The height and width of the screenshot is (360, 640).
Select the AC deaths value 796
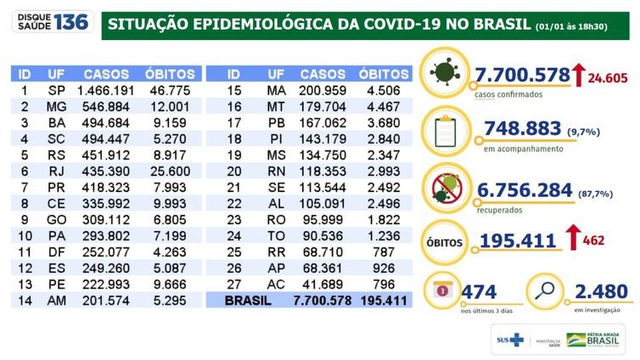[x=384, y=284]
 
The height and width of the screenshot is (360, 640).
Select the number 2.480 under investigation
[x=602, y=292]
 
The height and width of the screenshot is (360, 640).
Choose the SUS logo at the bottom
[x=510, y=340]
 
